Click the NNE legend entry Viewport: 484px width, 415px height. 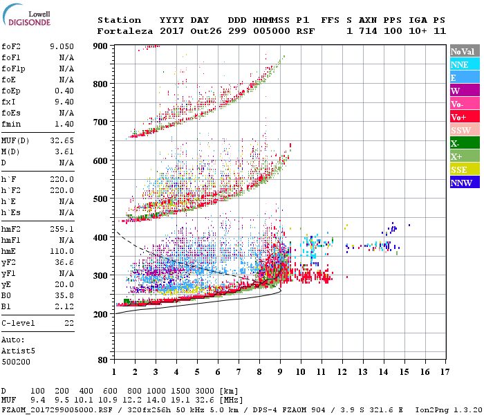[x=460, y=64]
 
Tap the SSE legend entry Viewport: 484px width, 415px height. [x=460, y=169]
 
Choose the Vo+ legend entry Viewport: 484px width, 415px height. [x=460, y=117]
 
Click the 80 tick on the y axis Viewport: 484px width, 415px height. [x=102, y=360]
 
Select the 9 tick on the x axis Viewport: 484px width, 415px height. [x=280, y=371]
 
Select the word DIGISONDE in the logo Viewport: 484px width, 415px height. [x=31, y=21]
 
